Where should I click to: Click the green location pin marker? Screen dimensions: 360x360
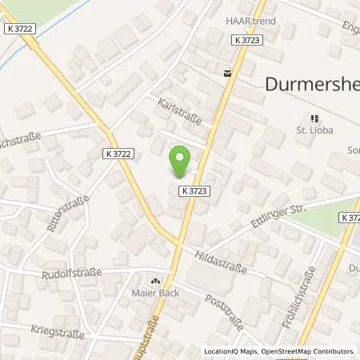tap(181, 162)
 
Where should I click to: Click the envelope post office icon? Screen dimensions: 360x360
tap(228, 73)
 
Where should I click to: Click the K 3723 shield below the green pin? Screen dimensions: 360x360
tap(195, 190)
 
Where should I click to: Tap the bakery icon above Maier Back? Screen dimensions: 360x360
tap(155, 282)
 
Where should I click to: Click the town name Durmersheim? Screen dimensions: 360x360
tap(312, 82)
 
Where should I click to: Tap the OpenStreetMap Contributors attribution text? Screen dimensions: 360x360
tap(310, 351)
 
